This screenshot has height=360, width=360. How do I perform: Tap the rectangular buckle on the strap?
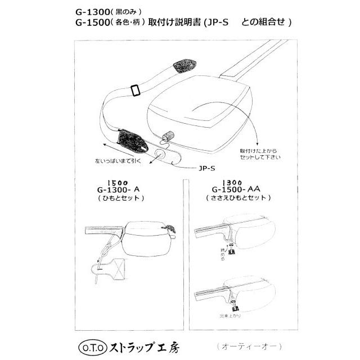(135, 90)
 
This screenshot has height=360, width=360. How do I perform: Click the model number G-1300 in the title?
(92, 11)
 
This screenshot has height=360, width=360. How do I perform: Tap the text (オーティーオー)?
(247, 343)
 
